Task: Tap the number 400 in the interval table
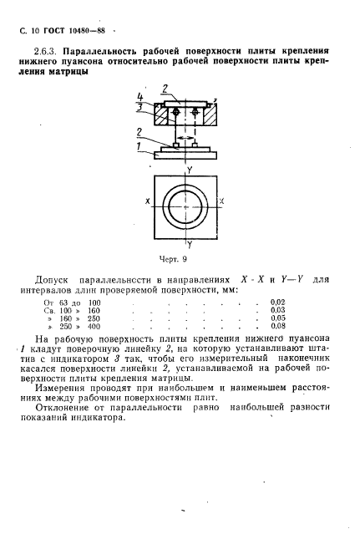pyautogui.click(x=94, y=327)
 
